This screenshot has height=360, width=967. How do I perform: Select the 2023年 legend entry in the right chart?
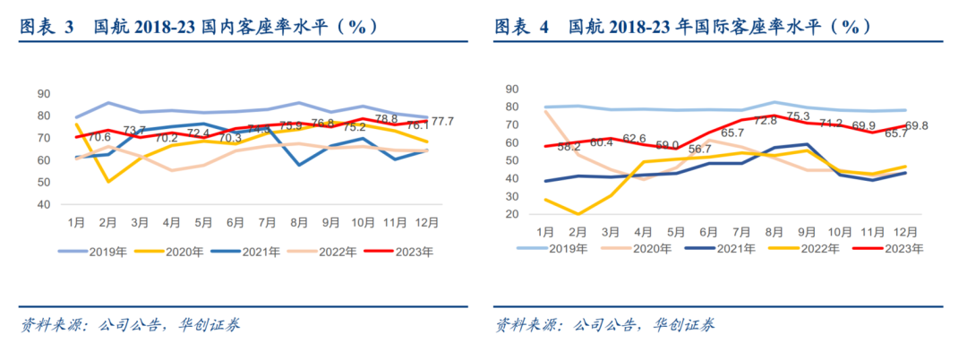click(x=903, y=248)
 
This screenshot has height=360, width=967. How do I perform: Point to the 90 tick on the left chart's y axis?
click(x=42, y=94)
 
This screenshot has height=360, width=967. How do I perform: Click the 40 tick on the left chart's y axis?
click(x=42, y=204)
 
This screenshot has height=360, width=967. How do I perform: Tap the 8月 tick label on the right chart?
click(x=775, y=232)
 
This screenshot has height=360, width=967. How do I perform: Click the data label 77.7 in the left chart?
click(x=442, y=121)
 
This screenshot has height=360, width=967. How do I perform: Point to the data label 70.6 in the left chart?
click(x=98, y=137)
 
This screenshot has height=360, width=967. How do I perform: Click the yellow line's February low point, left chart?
click(x=109, y=182)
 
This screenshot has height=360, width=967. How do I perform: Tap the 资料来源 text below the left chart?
click(x=54, y=324)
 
